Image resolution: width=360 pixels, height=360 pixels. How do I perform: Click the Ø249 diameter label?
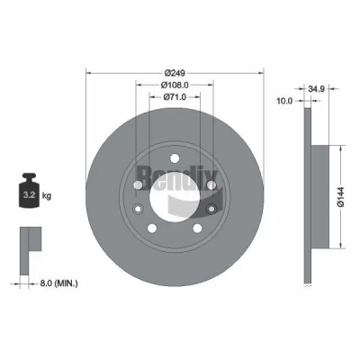pos(175,73)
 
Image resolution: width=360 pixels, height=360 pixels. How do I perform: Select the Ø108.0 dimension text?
pos(175,85)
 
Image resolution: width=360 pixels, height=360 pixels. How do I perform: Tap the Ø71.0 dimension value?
pos(175,97)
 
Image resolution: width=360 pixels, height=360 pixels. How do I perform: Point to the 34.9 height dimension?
pos(317,89)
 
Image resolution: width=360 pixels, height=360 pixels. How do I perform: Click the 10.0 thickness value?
pos(284,101)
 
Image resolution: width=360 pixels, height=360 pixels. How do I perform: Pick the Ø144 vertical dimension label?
pos(340,197)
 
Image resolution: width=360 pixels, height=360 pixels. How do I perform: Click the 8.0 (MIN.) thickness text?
pos(58,283)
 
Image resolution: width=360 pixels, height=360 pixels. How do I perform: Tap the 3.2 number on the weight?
pos(30,195)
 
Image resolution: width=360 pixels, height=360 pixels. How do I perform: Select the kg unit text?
pos(47,196)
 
